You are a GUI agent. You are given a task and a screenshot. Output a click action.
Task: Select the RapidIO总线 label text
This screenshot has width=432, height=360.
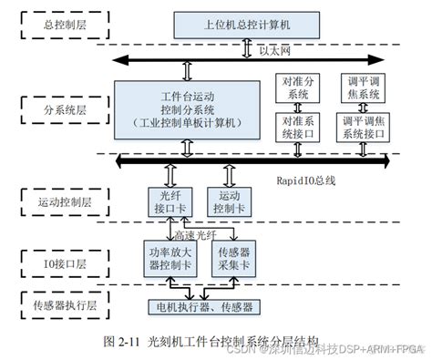(305, 180)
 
